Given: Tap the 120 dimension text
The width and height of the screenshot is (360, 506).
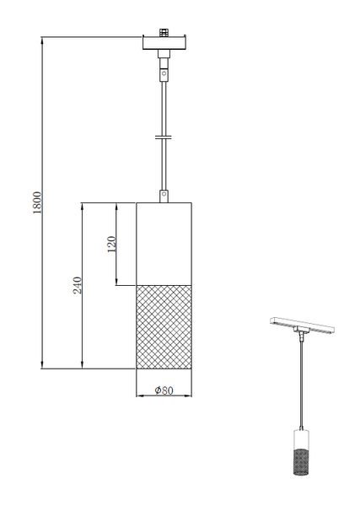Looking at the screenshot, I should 110,245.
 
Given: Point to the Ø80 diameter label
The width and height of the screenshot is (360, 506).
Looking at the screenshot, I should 164,390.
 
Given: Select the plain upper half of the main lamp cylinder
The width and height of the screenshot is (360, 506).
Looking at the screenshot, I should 165,244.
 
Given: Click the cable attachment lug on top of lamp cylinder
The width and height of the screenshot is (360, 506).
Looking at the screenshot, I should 164,196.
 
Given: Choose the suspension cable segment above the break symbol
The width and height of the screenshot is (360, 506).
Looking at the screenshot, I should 164,105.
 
